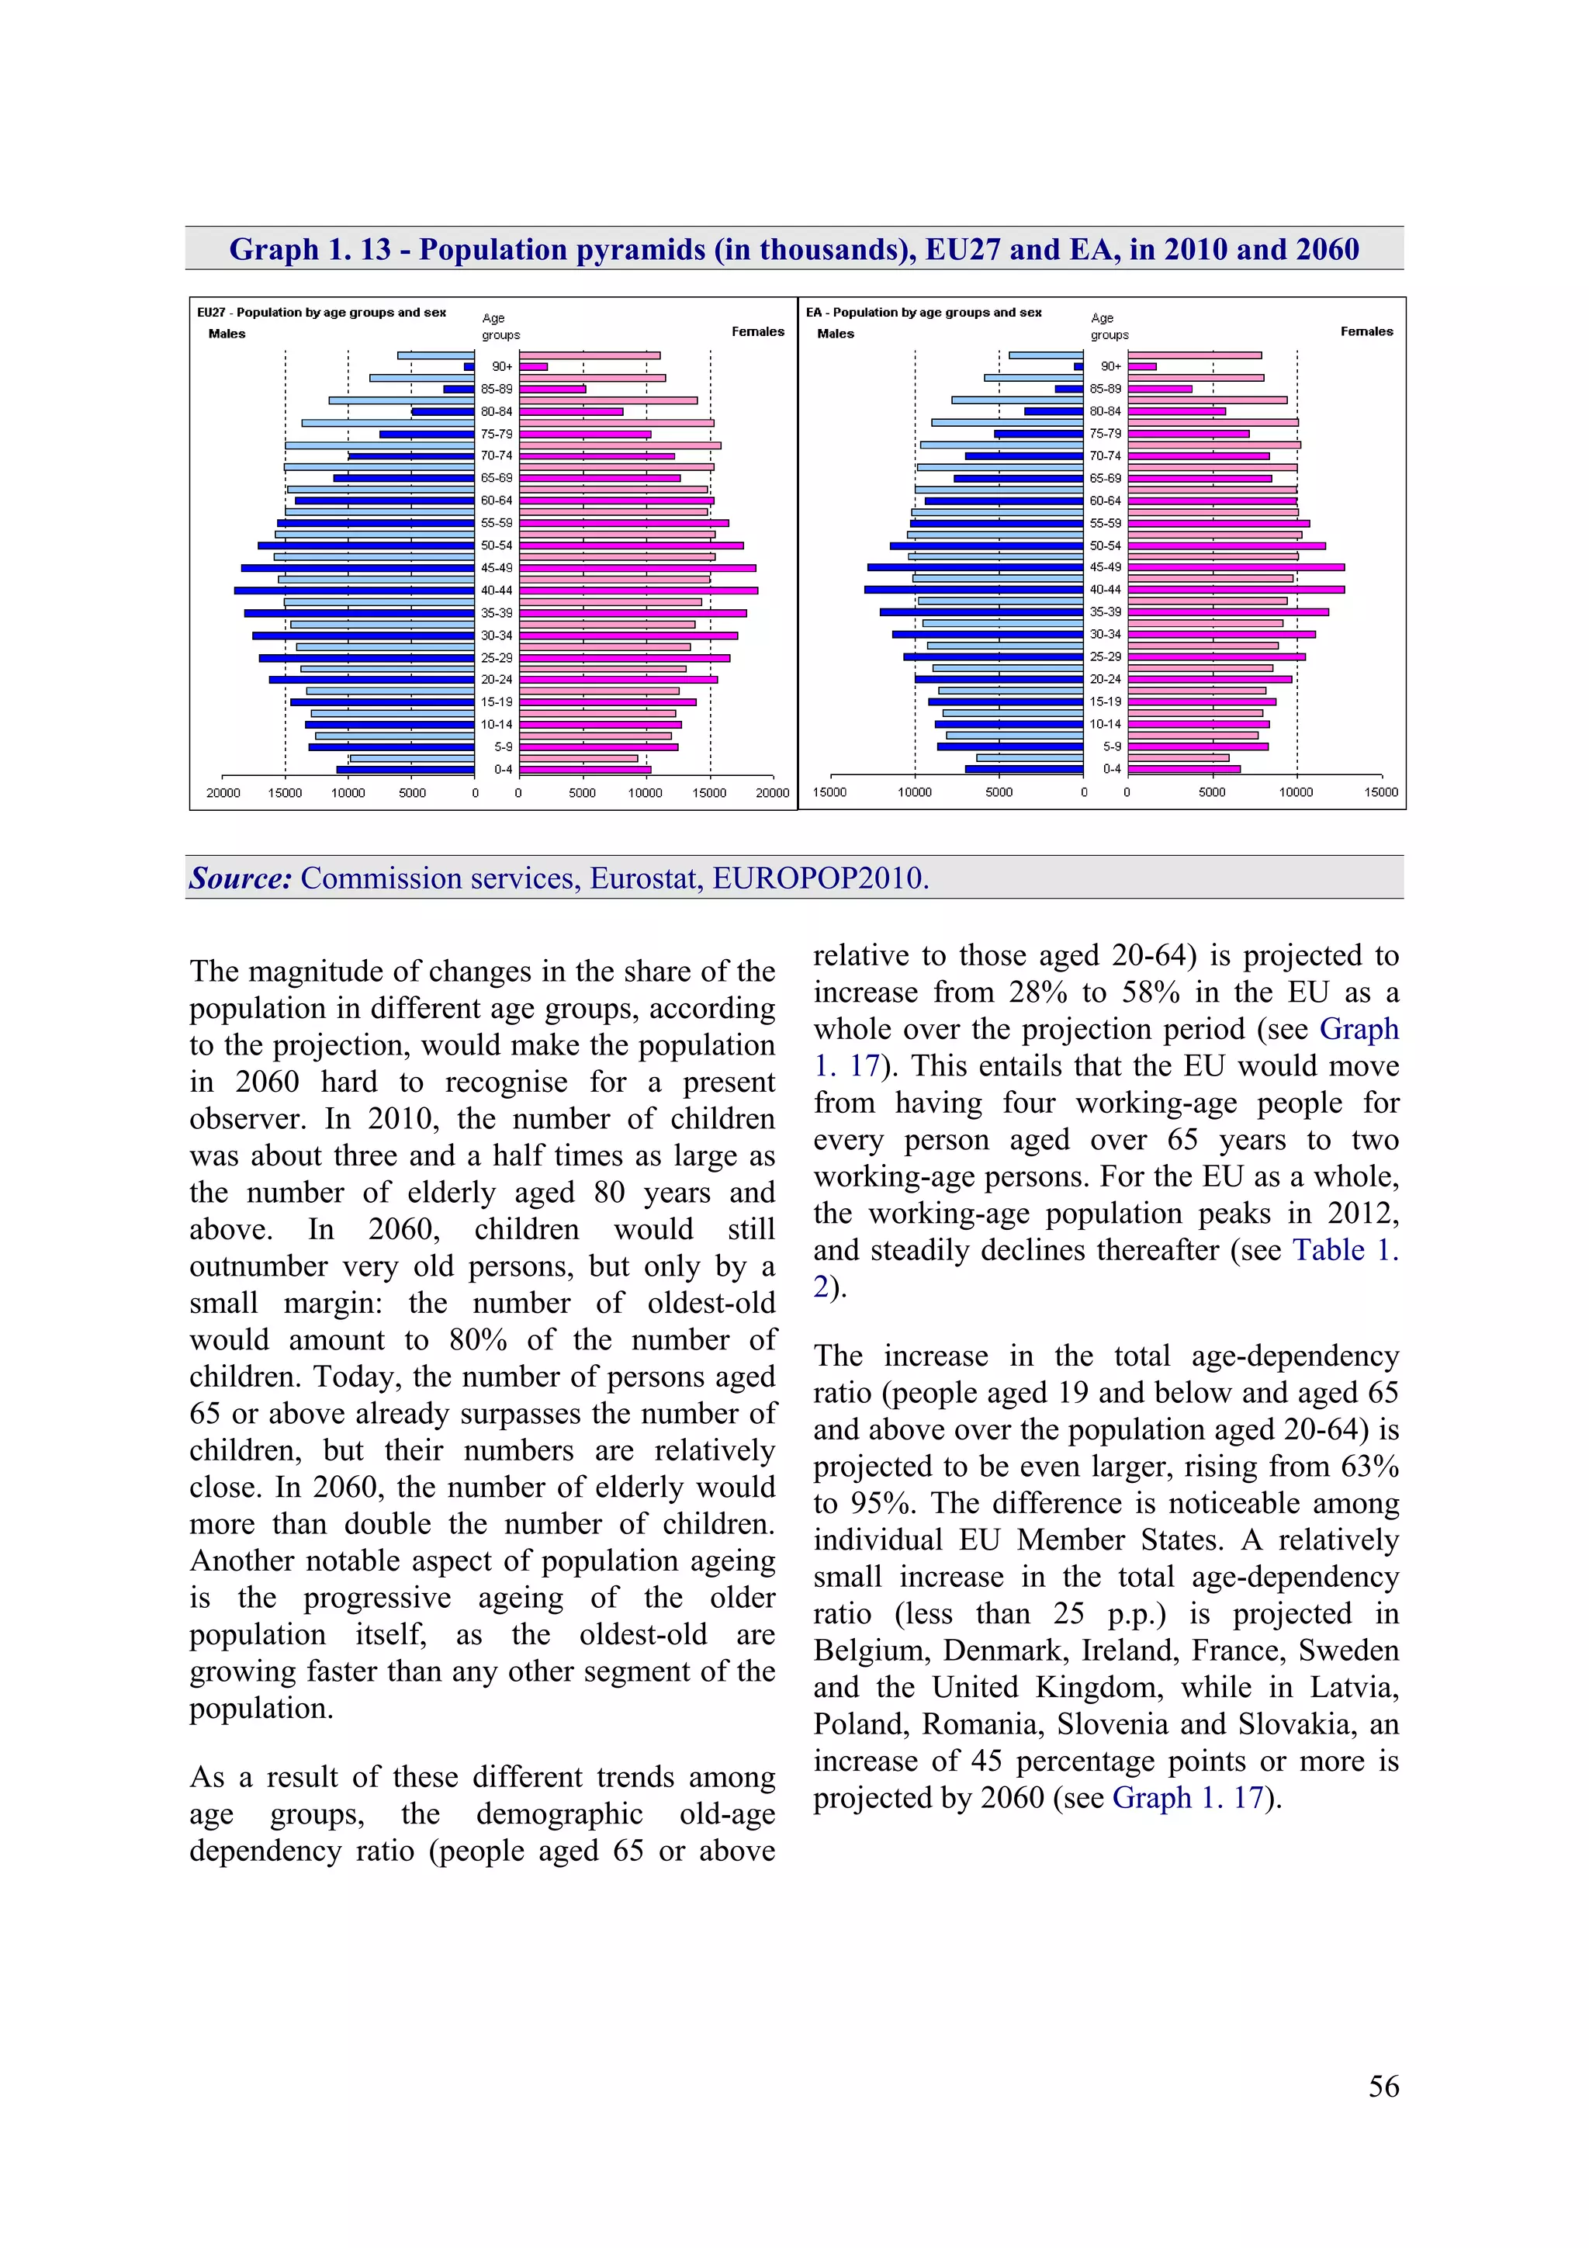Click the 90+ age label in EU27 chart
click(501, 366)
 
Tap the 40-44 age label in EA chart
click(1106, 590)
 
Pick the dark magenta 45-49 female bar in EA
click(1235, 567)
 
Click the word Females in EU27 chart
click(758, 332)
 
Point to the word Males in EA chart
click(835, 334)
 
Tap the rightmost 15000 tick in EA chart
click(1380, 792)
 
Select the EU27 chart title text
click(321, 313)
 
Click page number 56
click(1383, 2087)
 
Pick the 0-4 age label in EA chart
click(1111, 768)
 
